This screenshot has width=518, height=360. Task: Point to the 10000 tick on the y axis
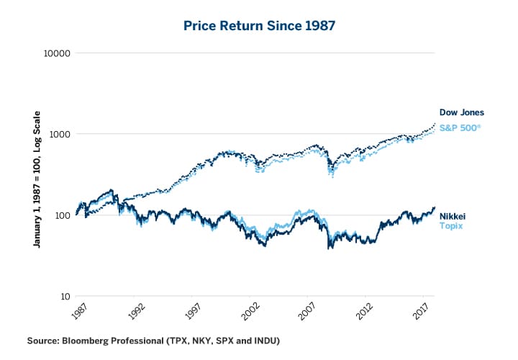(x=55, y=53)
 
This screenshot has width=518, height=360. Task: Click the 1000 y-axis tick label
(x=57, y=134)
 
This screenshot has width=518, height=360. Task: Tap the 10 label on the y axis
(x=62, y=296)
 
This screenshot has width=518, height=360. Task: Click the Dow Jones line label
(x=461, y=112)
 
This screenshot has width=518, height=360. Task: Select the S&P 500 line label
(x=460, y=127)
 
